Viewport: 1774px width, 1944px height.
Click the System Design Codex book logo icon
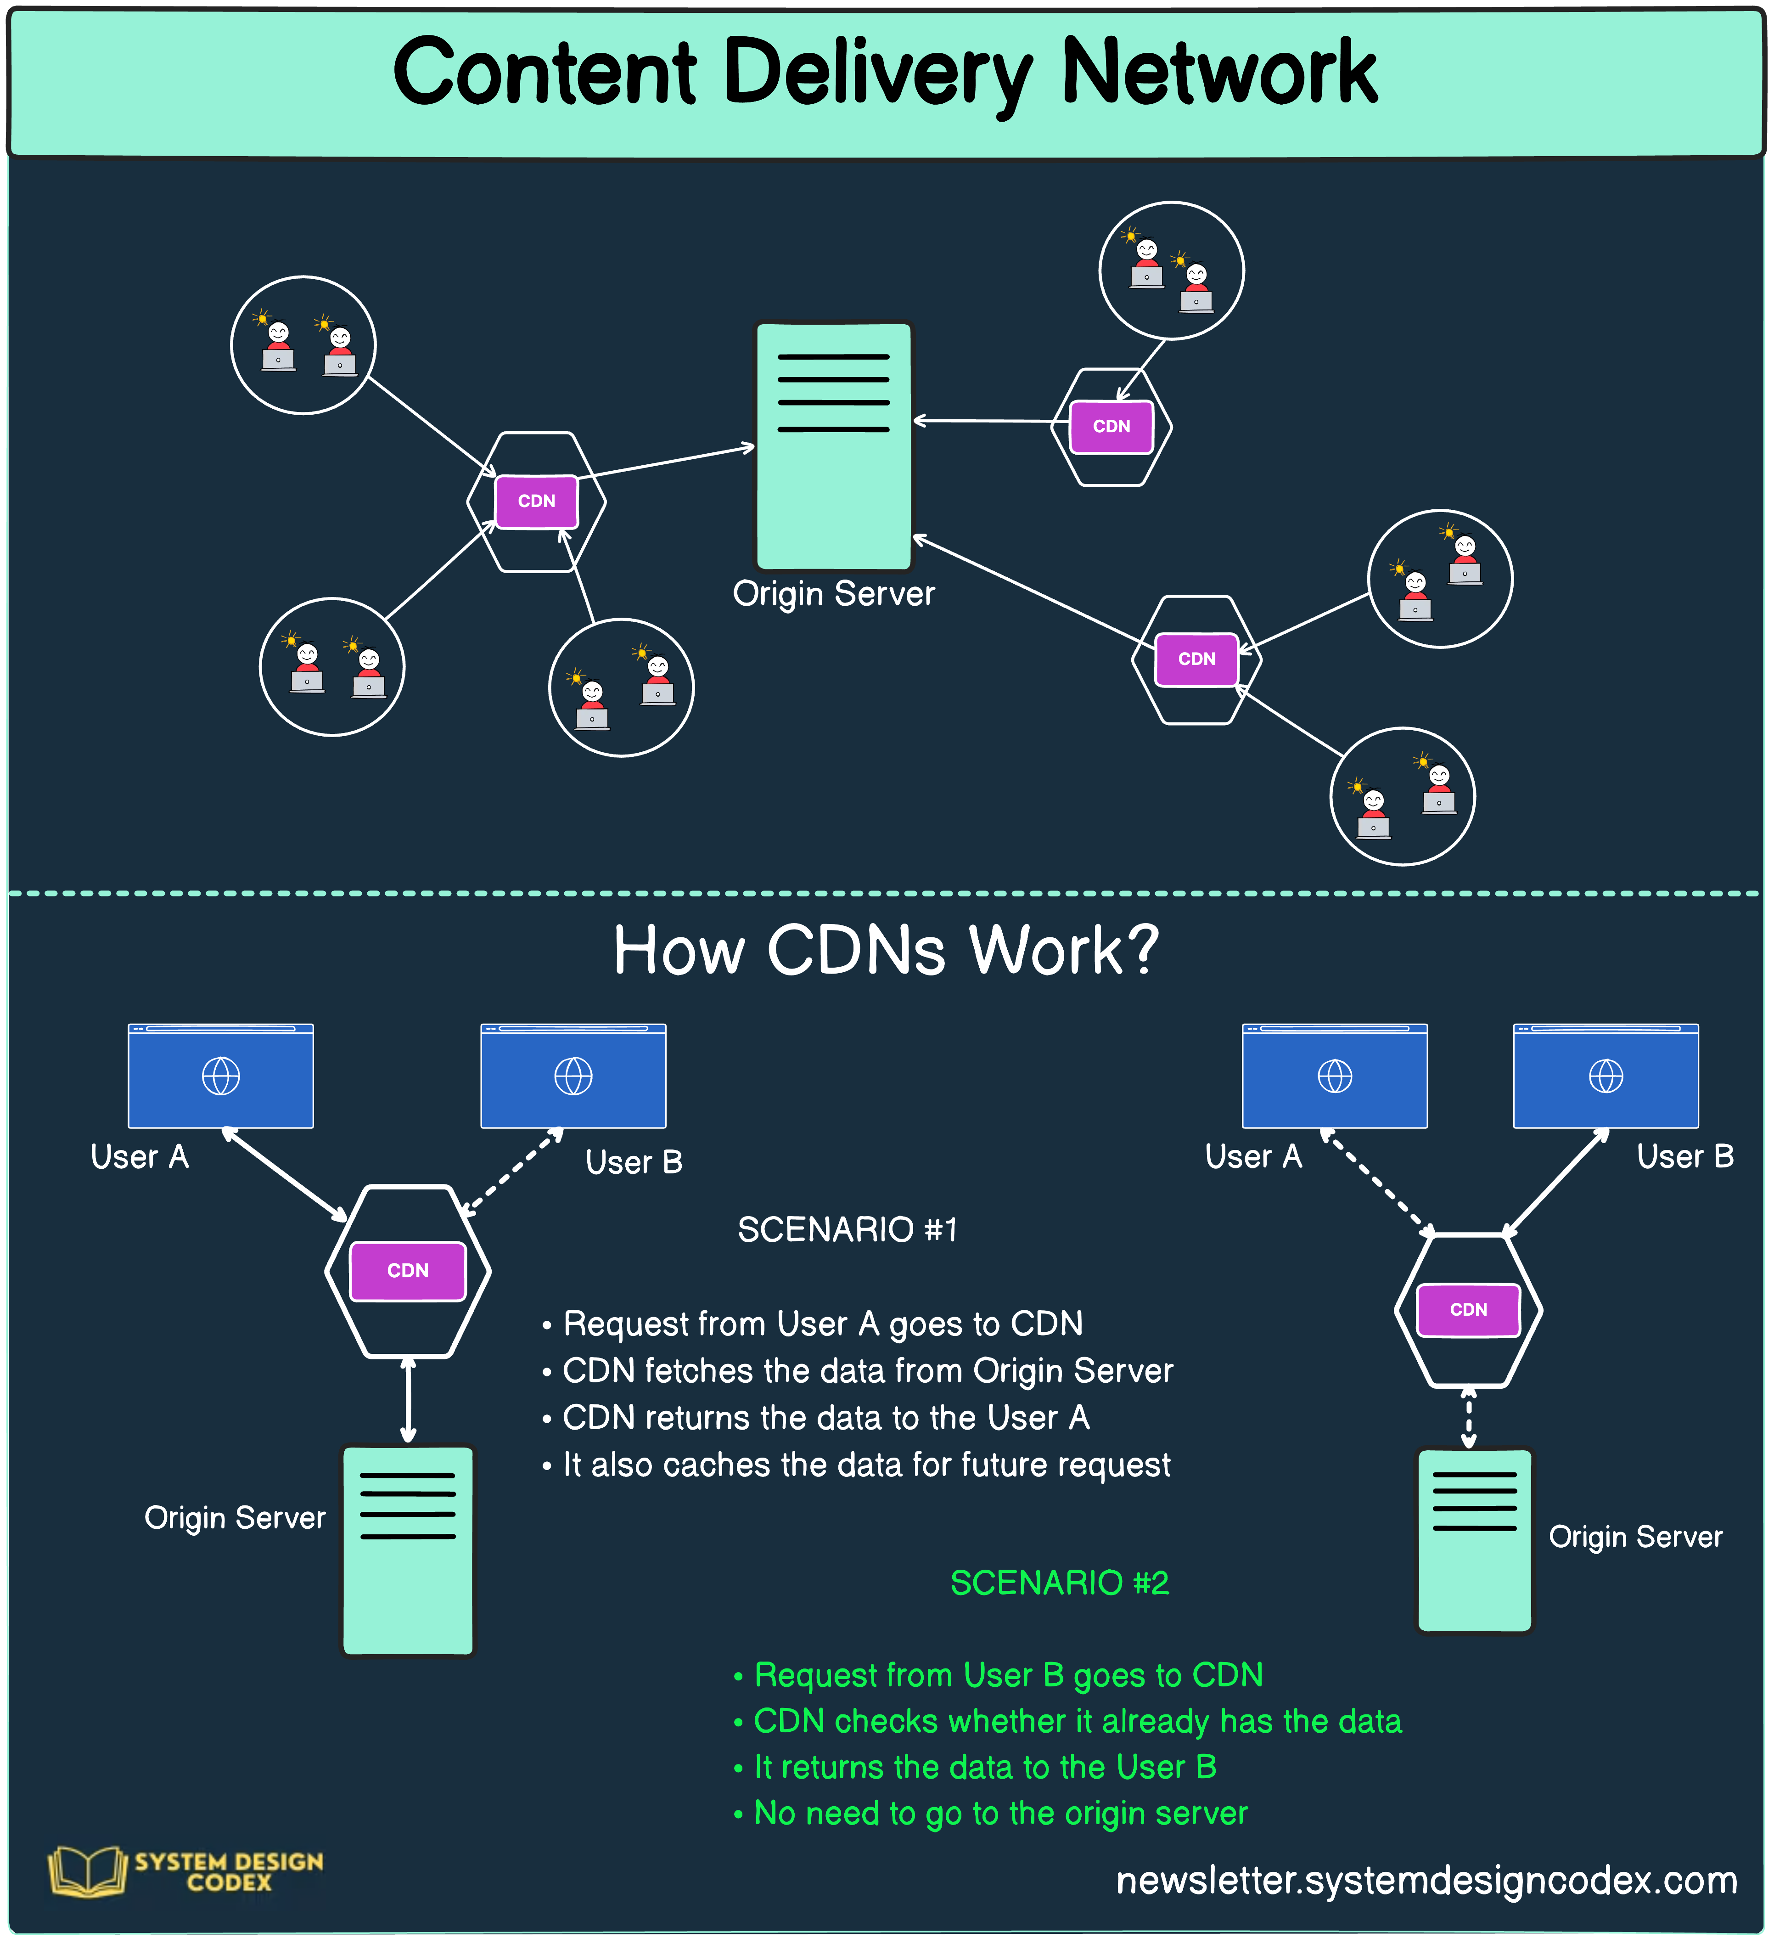87,1871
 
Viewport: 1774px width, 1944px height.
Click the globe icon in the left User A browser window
221,1076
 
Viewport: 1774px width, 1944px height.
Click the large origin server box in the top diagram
833,445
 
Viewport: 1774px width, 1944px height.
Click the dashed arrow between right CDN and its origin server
1468,1418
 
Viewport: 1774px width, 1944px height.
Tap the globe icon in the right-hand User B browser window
1605,1076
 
